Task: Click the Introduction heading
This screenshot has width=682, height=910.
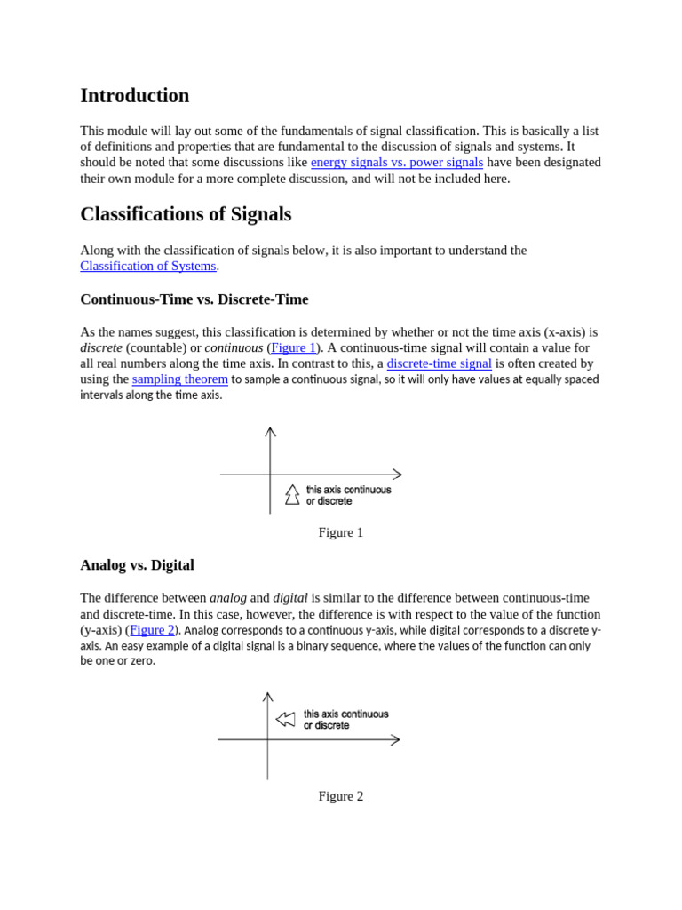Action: (134, 96)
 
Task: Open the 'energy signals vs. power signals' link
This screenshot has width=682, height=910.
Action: (396, 163)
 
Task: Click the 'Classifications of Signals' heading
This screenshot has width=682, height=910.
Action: (186, 214)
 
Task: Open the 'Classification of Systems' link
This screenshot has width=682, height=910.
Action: (147, 266)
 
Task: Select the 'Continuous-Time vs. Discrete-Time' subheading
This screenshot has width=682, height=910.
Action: (194, 299)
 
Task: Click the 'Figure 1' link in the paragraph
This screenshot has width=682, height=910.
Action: (293, 347)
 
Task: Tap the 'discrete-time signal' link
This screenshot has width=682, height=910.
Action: (439, 363)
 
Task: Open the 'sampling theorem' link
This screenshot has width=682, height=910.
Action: (179, 379)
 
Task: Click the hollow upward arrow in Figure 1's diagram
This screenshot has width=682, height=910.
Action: (292, 494)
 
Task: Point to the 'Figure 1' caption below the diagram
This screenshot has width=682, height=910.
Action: (340, 532)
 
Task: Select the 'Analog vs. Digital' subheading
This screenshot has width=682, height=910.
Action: (137, 565)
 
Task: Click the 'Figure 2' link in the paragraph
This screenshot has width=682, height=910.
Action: (152, 630)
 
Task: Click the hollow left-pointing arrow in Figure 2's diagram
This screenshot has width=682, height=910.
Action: (285, 719)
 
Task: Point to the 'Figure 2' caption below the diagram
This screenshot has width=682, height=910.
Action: (340, 796)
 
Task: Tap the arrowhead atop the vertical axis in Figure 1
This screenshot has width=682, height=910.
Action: (270, 432)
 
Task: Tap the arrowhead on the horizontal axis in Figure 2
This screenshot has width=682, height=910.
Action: (394, 739)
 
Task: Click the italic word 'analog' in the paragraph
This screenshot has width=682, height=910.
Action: (227, 598)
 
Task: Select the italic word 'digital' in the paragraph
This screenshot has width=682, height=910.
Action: (290, 598)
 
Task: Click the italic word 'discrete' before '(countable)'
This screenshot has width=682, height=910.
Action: (101, 347)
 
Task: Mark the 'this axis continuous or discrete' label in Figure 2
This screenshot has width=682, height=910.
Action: (345, 719)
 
